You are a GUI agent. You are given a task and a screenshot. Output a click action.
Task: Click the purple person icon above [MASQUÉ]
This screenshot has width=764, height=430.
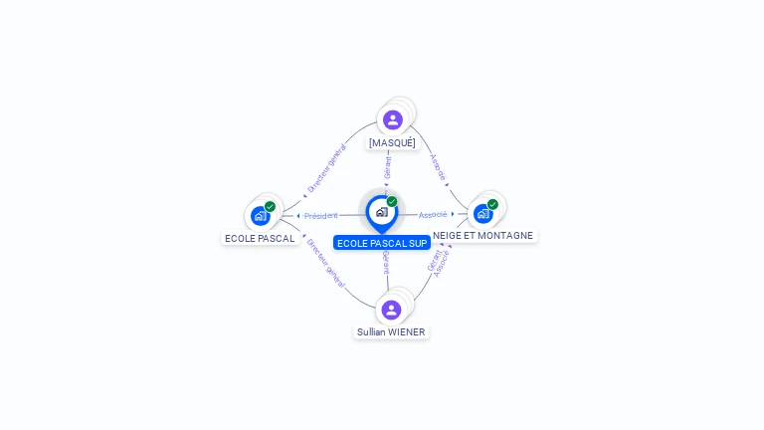[x=393, y=119]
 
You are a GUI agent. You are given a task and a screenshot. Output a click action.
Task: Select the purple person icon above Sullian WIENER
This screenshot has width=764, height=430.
[x=391, y=310]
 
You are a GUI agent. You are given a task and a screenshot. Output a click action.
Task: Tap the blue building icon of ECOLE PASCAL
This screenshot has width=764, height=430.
[x=260, y=215]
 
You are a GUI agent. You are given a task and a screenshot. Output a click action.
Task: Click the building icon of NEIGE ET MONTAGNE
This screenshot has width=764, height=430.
[x=482, y=213]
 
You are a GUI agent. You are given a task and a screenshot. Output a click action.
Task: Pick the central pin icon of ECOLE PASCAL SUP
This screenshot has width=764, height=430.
[x=381, y=212]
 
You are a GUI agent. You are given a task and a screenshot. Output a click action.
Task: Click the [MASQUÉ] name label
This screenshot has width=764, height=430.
[x=392, y=142]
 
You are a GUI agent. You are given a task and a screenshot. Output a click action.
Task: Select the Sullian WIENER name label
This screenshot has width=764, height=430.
[x=391, y=331]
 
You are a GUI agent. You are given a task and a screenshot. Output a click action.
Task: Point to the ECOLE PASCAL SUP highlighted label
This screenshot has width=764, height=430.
[x=382, y=243]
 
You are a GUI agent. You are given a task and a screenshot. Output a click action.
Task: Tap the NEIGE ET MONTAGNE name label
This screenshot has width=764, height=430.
[x=483, y=236]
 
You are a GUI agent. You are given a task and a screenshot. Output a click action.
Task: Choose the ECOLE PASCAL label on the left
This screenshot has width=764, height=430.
[x=260, y=238]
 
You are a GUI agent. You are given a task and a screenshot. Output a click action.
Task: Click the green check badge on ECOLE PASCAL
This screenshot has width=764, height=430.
[x=270, y=206]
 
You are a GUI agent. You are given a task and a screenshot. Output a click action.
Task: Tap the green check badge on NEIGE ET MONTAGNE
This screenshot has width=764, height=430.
[x=492, y=204]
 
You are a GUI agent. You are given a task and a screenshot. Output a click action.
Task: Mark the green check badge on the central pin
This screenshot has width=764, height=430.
[x=392, y=202]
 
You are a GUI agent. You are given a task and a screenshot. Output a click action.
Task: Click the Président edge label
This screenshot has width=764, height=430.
[x=321, y=215]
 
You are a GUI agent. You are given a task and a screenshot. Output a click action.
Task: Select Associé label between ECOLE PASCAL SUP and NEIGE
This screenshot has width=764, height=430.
[x=433, y=214]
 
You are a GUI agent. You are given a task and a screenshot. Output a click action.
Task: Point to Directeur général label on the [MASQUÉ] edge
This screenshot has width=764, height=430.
[x=326, y=168]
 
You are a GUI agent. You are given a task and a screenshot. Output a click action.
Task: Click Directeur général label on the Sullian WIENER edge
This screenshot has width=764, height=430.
[x=325, y=263]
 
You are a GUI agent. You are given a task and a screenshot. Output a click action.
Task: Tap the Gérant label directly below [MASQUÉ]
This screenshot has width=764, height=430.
[x=387, y=168]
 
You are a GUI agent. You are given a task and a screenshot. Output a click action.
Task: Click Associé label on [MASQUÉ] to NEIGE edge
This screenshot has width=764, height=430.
[x=438, y=166]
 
